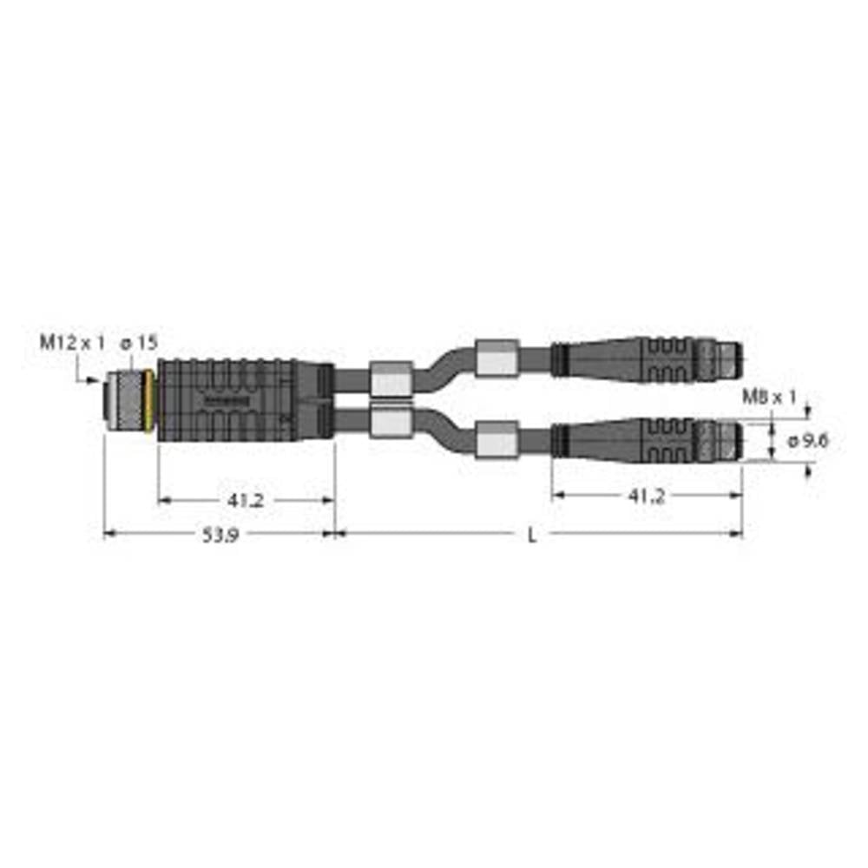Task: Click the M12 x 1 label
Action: pos(71,344)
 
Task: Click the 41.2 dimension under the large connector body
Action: pos(247,501)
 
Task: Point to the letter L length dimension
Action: pos(533,536)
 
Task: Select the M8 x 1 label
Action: pos(769,398)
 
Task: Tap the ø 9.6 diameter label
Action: pos(808,441)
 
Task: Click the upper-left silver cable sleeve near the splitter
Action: pos(390,378)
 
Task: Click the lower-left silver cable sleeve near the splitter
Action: pos(390,422)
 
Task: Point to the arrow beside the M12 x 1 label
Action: pos(86,378)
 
